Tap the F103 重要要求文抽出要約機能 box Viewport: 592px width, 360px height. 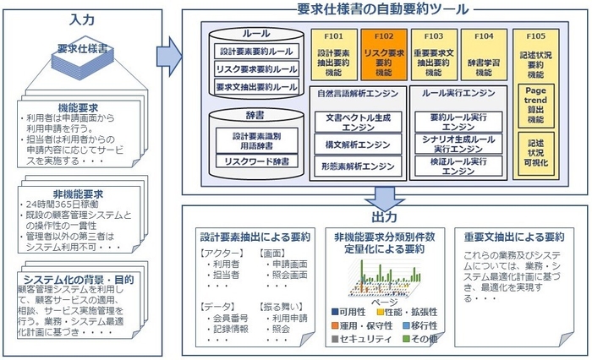[x=433, y=55]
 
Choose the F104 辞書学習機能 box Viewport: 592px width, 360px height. [x=484, y=55]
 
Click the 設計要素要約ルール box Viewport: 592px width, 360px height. [x=255, y=52]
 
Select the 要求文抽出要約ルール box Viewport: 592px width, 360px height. [x=255, y=87]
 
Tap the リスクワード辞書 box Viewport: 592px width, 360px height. [x=255, y=161]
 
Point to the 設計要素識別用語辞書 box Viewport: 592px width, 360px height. [x=255, y=138]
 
